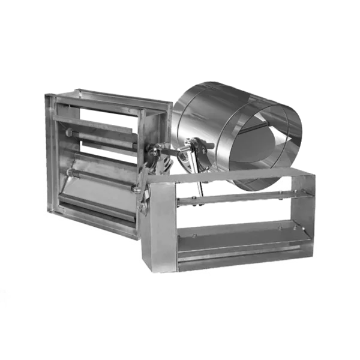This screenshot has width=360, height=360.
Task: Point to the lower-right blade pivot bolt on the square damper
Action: click(137, 191)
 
